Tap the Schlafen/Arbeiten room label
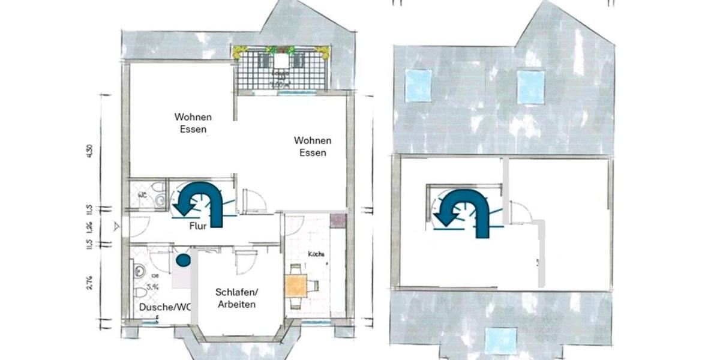click(236, 298)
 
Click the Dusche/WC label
click(164, 307)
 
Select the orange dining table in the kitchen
click(296, 286)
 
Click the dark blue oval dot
click(183, 260)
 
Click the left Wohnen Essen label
click(193, 122)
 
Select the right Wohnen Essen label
click(313, 146)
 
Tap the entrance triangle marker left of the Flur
click(116, 226)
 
